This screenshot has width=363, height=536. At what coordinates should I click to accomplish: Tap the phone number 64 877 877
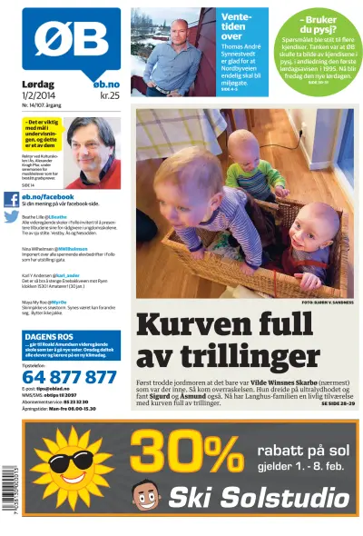[x=69, y=376]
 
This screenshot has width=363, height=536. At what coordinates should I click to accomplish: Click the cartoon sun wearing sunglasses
[x=68, y=464]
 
